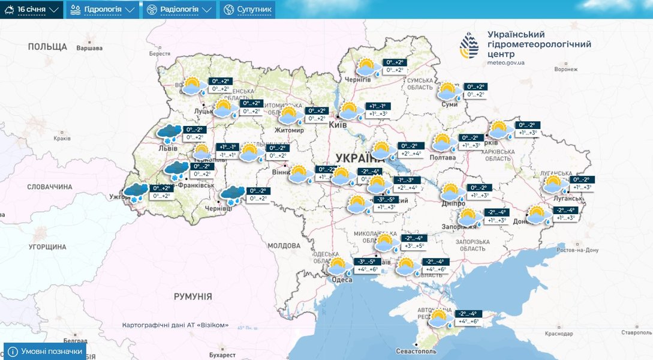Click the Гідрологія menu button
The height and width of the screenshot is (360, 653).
pyautogui.click(x=101, y=10)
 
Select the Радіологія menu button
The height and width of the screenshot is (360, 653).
pyautogui.click(x=178, y=10)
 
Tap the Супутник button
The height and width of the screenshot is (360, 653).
pyautogui.click(x=247, y=10)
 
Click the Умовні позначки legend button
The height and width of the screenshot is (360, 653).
pyautogui.click(x=45, y=351)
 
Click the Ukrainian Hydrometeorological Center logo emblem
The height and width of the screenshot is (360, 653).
pyautogui.click(x=470, y=46)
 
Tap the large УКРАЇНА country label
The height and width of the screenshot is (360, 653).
pyautogui.click(x=360, y=158)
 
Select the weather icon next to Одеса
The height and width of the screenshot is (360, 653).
pyautogui.click(x=338, y=266)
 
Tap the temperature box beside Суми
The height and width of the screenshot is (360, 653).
pyautogui.click(x=476, y=91)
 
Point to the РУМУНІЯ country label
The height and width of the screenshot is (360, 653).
pyautogui.click(x=192, y=296)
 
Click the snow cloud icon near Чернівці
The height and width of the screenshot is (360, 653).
pyautogui.click(x=232, y=195)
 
